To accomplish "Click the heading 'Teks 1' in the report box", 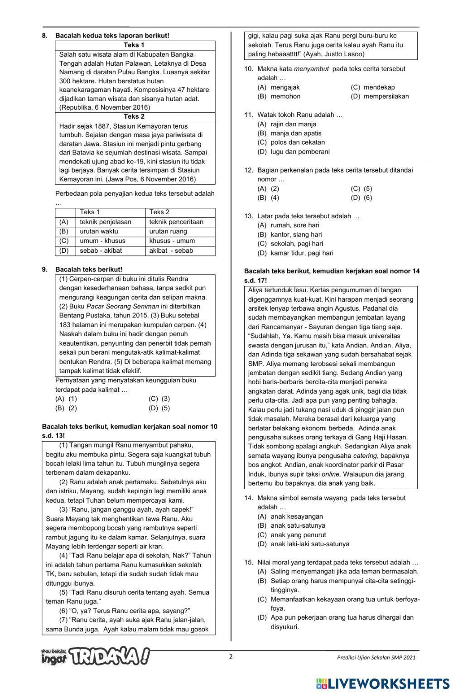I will [x=134, y=45].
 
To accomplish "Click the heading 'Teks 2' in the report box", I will [x=134, y=116].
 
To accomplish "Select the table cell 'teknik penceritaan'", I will [x=176, y=222].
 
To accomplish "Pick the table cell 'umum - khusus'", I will [x=102, y=241].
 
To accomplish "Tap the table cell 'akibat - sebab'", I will [x=171, y=250].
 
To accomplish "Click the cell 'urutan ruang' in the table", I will [x=168, y=231].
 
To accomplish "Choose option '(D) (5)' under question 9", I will [x=159, y=408].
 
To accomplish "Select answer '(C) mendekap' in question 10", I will [x=372, y=87].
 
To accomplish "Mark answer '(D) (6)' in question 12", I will [x=361, y=197].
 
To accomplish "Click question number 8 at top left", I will [x=44, y=35].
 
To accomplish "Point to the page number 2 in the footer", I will [x=231, y=657].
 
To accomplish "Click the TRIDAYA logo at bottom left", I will [x=95, y=656].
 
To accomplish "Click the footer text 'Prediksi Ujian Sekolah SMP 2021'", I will [x=376, y=658].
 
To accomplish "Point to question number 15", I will [x=248, y=562].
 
